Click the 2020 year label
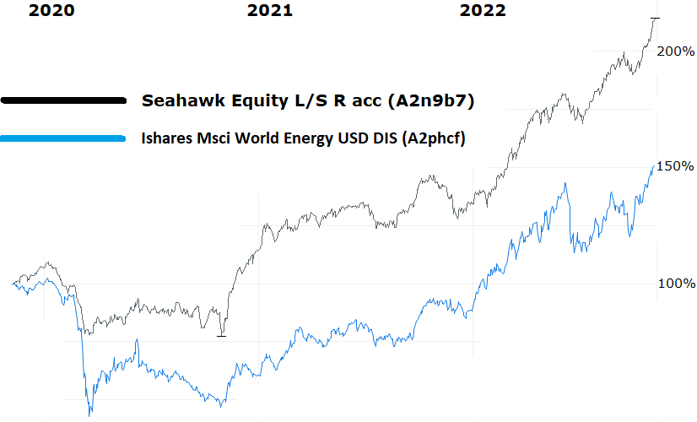tap(51, 10)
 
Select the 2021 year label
tap(270, 10)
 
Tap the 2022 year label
tap(483, 10)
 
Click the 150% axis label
tap(675, 165)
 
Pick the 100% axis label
tap(676, 284)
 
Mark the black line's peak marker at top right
tap(655, 18)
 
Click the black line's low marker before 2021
tap(222, 335)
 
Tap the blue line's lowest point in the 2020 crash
tap(89, 414)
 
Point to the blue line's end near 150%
tap(653, 166)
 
